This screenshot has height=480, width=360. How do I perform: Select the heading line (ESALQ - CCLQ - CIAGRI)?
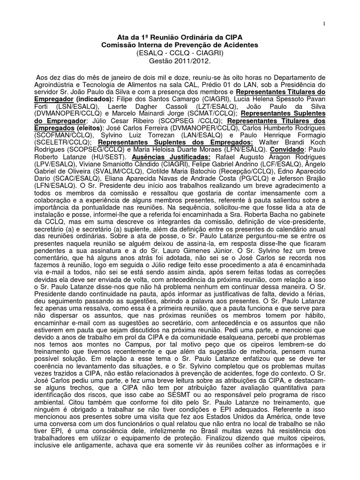[180, 52]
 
